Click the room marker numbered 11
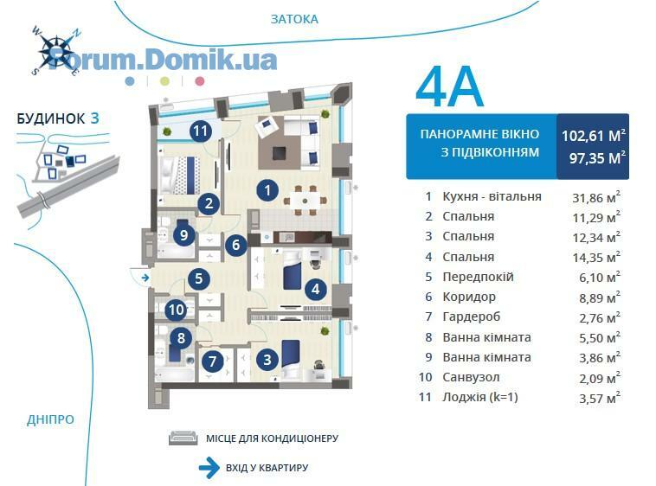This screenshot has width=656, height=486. (200, 131)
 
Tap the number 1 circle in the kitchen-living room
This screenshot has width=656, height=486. (267, 190)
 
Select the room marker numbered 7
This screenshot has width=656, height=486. (213, 361)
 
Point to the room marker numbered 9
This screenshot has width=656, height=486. (183, 235)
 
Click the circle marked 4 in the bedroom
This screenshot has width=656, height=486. (316, 289)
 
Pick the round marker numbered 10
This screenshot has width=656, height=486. (177, 310)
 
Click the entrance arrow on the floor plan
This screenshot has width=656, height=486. (145, 277)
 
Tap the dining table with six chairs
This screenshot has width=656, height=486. (305, 201)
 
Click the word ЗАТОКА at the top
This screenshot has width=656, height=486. (294, 19)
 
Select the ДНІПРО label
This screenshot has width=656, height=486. (50, 419)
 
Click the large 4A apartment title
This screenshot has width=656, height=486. (450, 87)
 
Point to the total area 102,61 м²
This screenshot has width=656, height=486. (593, 136)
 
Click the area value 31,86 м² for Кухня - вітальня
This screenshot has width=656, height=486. (596, 197)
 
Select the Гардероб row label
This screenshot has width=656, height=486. (472, 317)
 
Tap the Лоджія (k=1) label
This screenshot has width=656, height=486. (480, 397)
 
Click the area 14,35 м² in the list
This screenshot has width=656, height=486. (596, 257)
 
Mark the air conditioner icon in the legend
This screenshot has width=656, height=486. (183, 438)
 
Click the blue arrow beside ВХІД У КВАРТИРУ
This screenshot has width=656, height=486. (209, 467)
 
